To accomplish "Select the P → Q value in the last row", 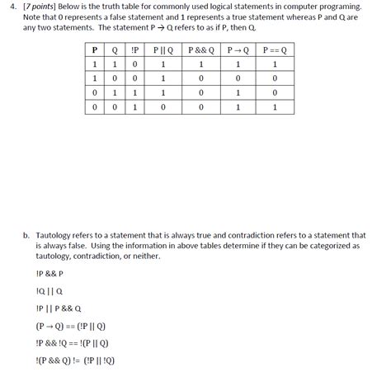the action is (x=238, y=106).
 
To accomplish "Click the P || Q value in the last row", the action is (x=163, y=106).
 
